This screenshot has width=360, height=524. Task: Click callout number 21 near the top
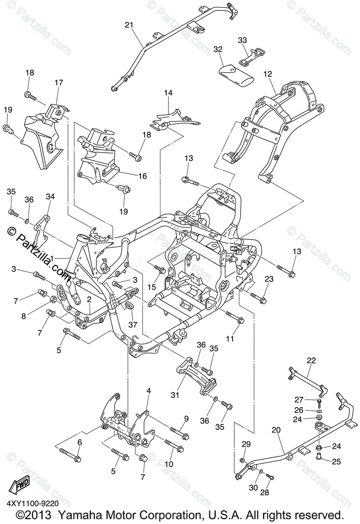(128, 25)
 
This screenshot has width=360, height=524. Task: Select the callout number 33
(242, 40)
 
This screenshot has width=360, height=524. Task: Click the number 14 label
(168, 93)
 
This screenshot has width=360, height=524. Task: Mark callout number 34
(50, 197)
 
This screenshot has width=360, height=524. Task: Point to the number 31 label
(175, 395)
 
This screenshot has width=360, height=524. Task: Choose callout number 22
(311, 361)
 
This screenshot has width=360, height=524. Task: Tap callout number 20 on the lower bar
(276, 430)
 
